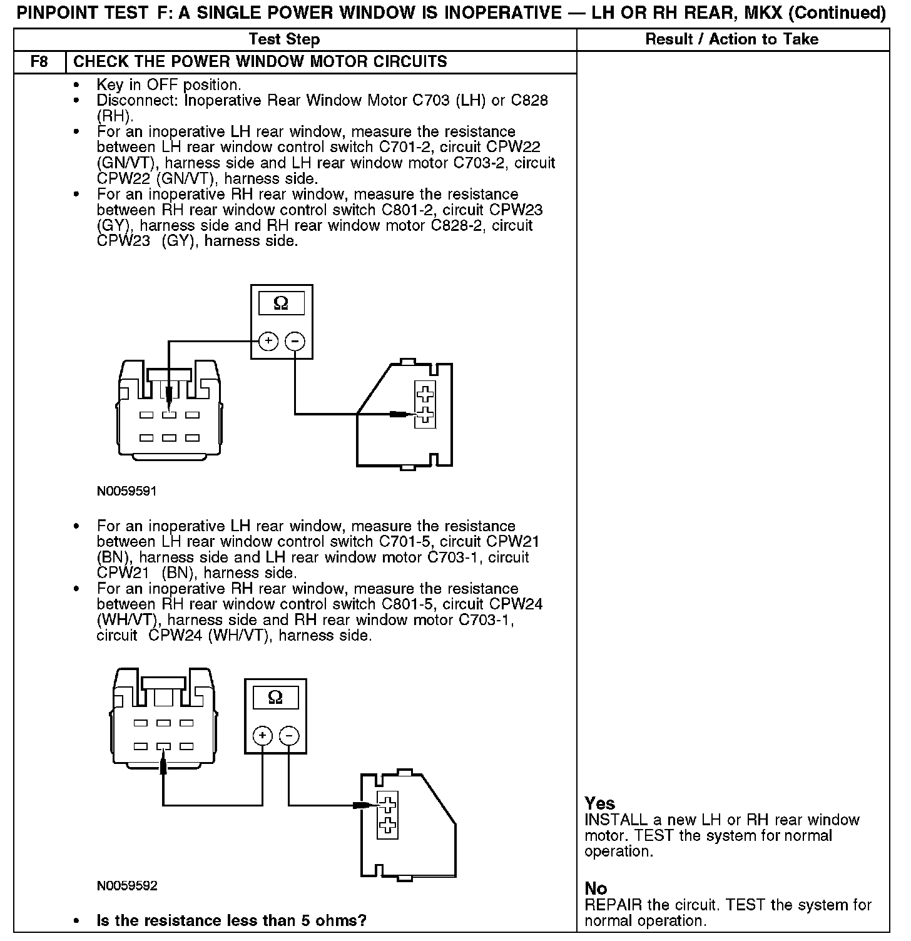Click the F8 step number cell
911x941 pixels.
pyautogui.click(x=39, y=62)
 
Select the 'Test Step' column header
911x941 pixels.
pyautogui.click(x=284, y=39)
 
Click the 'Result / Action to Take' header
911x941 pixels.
pyautogui.click(x=731, y=39)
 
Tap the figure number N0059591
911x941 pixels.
pyautogui.click(x=126, y=491)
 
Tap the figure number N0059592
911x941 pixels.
pyautogui.click(x=127, y=886)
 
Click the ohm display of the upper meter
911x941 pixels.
pyautogui.click(x=282, y=303)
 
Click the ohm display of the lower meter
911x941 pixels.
pyautogui.click(x=275, y=697)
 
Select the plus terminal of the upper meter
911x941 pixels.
pyautogui.click(x=268, y=341)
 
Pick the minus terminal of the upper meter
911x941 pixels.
pyautogui.click(x=295, y=341)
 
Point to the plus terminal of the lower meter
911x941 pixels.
pyautogui.click(x=262, y=736)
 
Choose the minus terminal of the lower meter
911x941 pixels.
pyautogui.click(x=288, y=736)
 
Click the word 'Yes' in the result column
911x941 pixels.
pyautogui.click(x=600, y=803)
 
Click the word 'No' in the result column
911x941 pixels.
pyautogui.click(x=596, y=888)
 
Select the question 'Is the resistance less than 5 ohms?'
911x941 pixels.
pyautogui.click(x=232, y=920)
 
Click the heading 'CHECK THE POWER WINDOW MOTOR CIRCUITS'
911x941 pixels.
pyautogui.click(x=260, y=62)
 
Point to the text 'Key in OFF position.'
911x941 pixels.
pyautogui.click(x=169, y=85)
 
